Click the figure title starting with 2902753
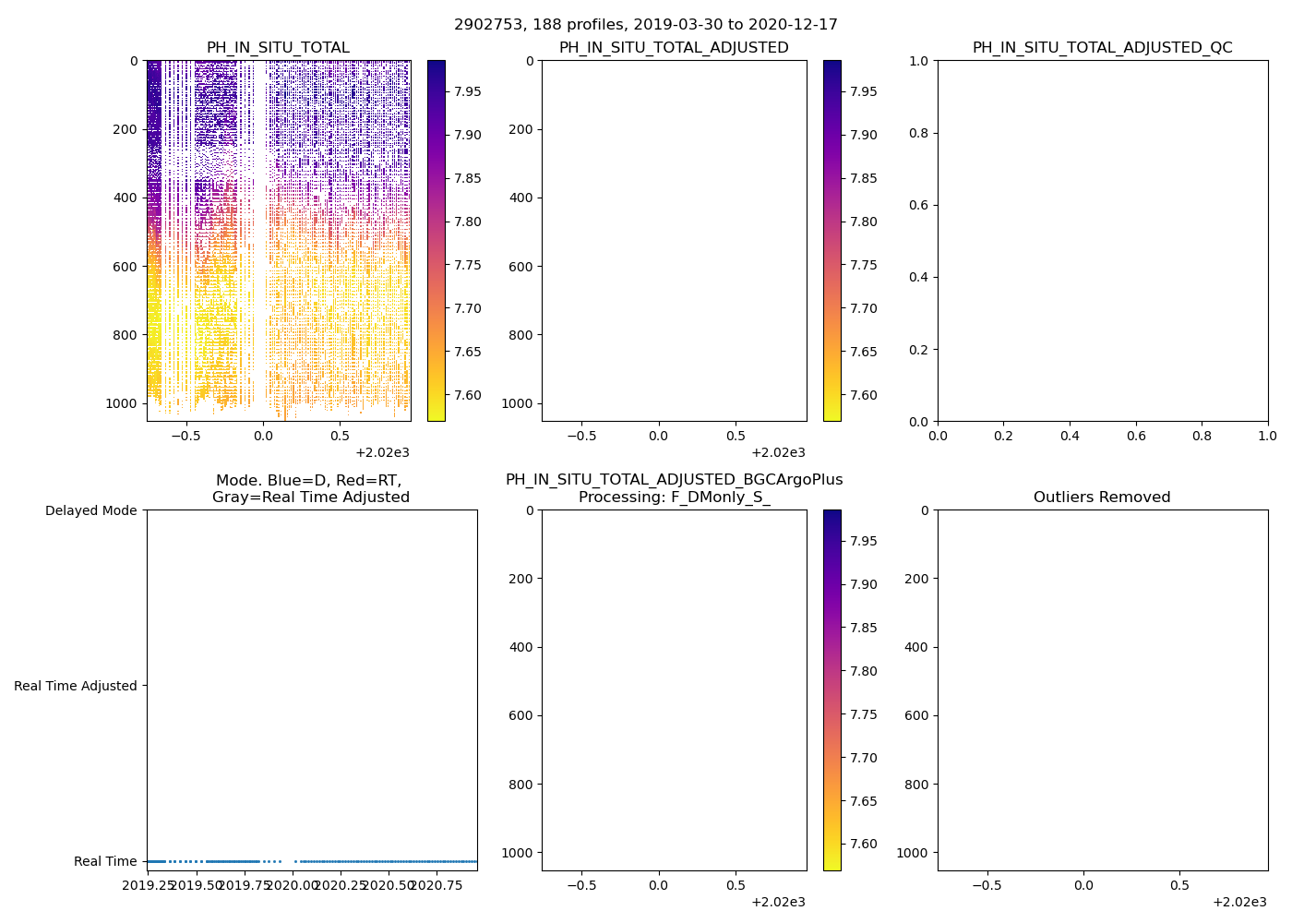[x=646, y=25]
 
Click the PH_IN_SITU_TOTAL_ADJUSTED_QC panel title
[x=1102, y=48]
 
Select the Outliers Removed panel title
[x=1102, y=497]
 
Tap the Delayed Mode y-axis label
[x=90, y=510]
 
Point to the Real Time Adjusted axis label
[x=76, y=686]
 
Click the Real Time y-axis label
[x=105, y=861]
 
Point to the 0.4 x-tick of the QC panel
[x=1070, y=435]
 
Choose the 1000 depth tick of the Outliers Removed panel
[x=912, y=853]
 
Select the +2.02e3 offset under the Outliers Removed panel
[x=1239, y=902]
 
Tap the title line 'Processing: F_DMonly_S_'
[x=674, y=497]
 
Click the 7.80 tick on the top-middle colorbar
[x=864, y=222]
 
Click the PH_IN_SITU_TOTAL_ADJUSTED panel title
[x=674, y=48]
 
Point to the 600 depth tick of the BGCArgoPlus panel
[x=521, y=715]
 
